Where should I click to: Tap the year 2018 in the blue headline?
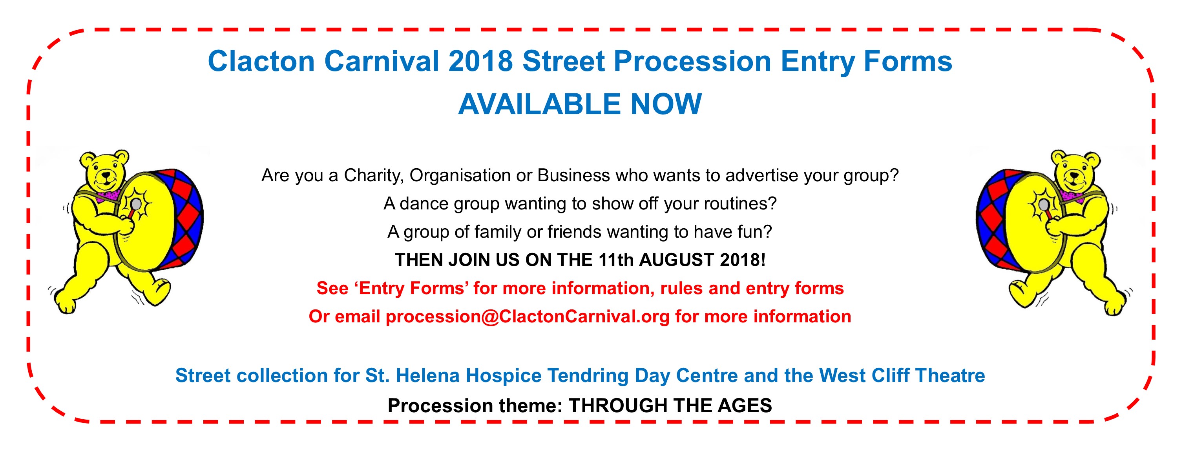coord(480,61)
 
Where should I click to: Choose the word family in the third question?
coord(498,232)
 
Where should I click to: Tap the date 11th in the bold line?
coord(616,260)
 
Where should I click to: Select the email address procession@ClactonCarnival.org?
coord(528,317)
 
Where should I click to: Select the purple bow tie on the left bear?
coord(109,195)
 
